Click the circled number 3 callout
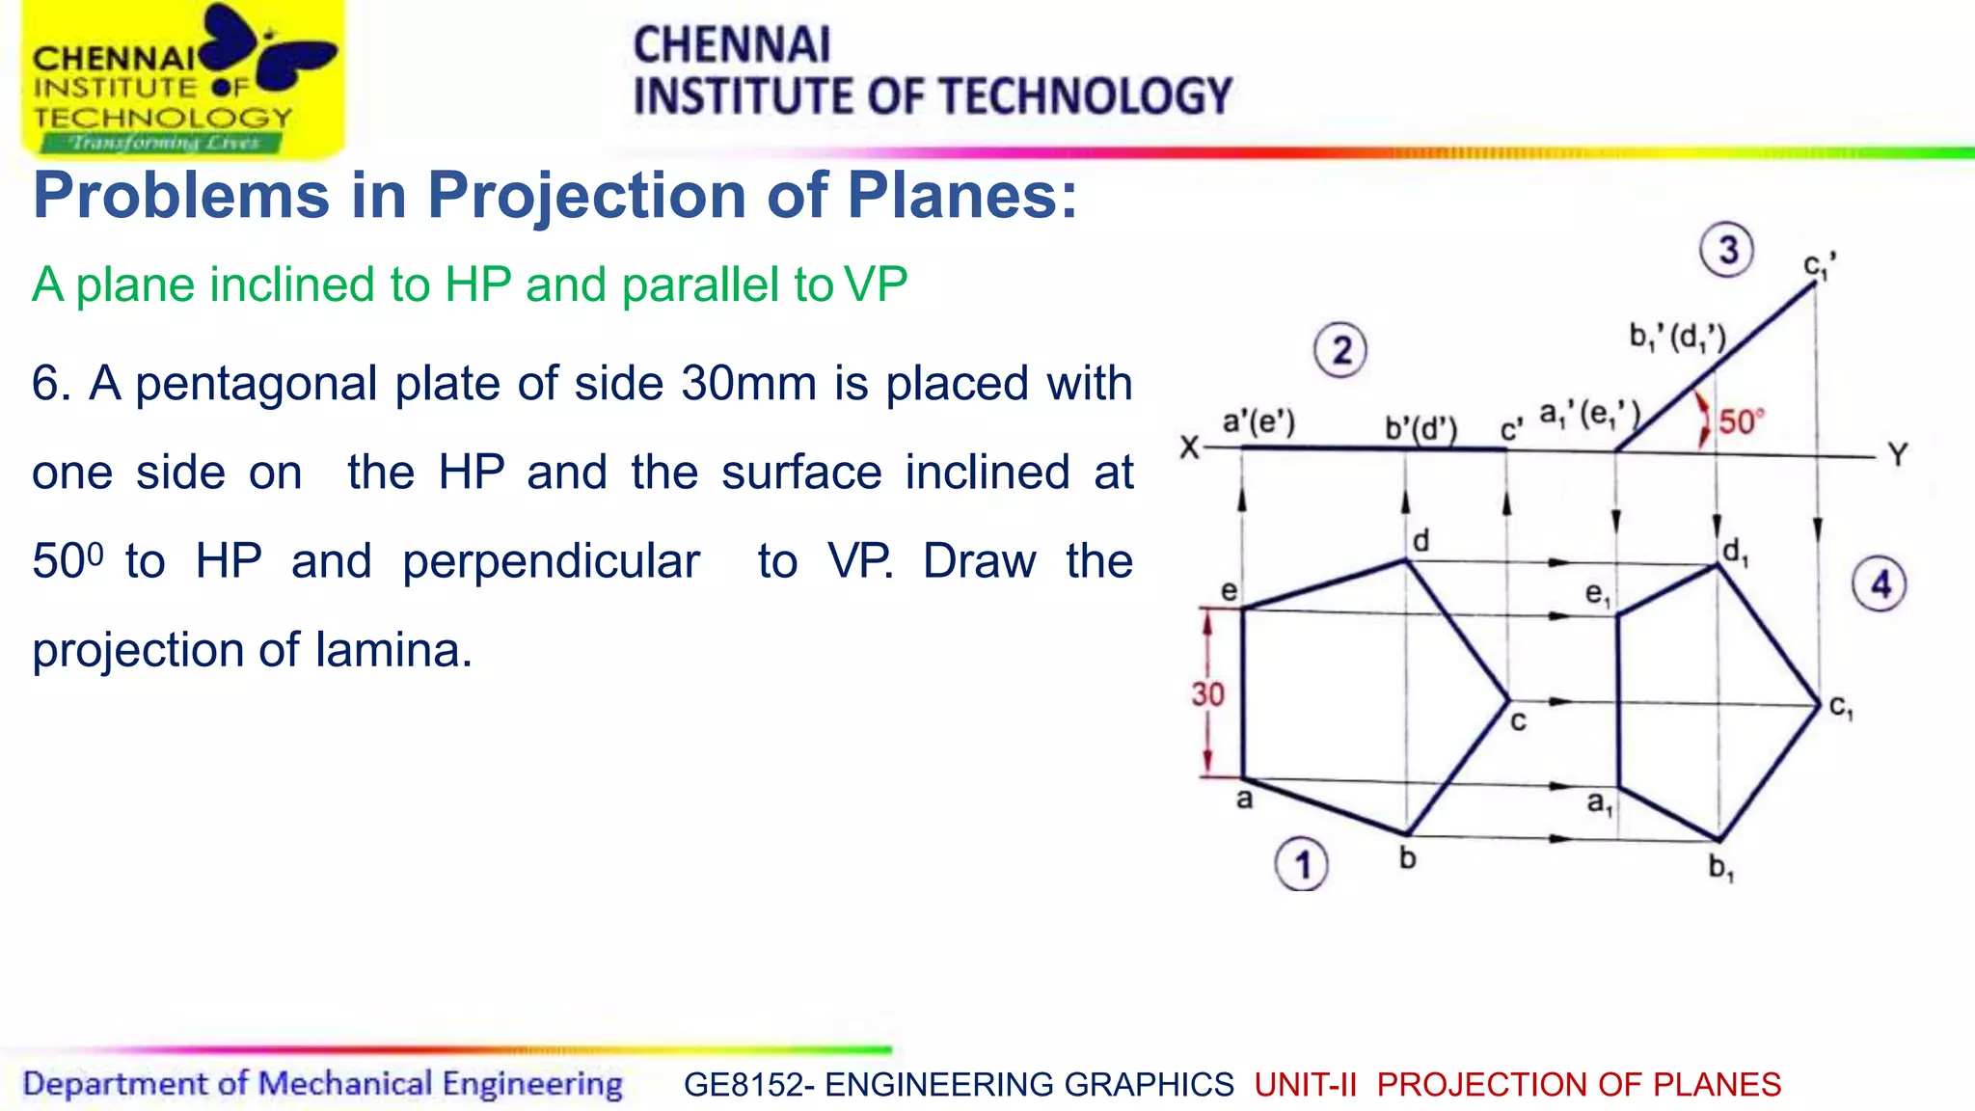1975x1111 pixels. [x=1726, y=251]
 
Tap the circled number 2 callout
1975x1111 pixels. [x=1340, y=350]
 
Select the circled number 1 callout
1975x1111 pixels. [x=1301, y=865]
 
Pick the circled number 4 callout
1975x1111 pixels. [x=1880, y=584]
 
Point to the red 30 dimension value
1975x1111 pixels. [x=1207, y=694]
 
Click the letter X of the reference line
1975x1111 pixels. [x=1190, y=447]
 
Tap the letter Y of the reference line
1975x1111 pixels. [x=1898, y=454]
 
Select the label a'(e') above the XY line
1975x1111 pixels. [x=1258, y=421]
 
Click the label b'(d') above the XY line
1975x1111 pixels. [x=1420, y=428]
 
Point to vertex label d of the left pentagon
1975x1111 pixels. [x=1420, y=541]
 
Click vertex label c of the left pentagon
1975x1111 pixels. [x=1518, y=721]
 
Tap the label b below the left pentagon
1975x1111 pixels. [x=1408, y=857]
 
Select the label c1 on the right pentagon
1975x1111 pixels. [x=1841, y=708]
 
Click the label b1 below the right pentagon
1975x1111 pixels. [x=1721, y=868]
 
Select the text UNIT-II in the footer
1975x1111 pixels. [x=1305, y=1085]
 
